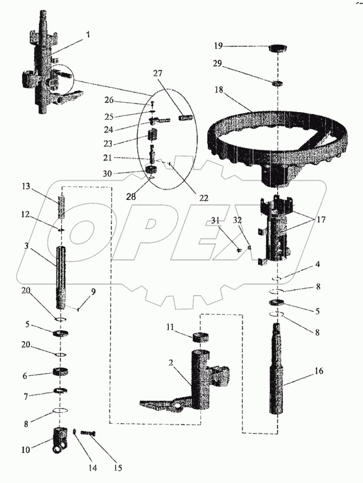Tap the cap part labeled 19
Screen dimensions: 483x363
(278, 48)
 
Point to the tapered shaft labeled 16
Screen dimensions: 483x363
(280, 374)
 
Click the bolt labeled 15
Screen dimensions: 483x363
(88, 434)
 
